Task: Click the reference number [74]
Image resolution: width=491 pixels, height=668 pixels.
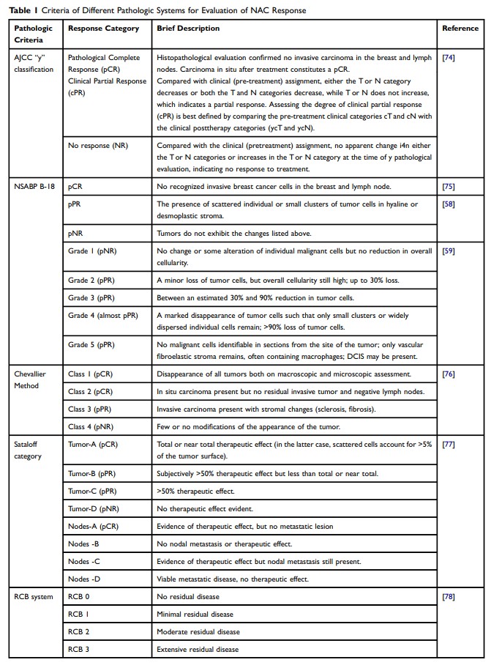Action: (x=449, y=58)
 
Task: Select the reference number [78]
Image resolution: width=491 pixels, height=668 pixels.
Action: (x=449, y=597)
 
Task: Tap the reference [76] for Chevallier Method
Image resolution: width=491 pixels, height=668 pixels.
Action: (x=449, y=374)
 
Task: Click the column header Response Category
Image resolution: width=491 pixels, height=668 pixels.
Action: (x=102, y=29)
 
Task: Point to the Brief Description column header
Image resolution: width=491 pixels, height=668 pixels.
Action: (x=188, y=29)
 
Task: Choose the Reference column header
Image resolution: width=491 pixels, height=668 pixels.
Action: (x=460, y=29)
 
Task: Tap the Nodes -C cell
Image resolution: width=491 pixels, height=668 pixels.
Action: (x=84, y=562)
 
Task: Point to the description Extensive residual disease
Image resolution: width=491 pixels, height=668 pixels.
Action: (x=197, y=649)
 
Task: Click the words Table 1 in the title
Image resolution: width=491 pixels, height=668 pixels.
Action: (x=22, y=10)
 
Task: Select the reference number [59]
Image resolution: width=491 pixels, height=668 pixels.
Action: (x=449, y=252)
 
